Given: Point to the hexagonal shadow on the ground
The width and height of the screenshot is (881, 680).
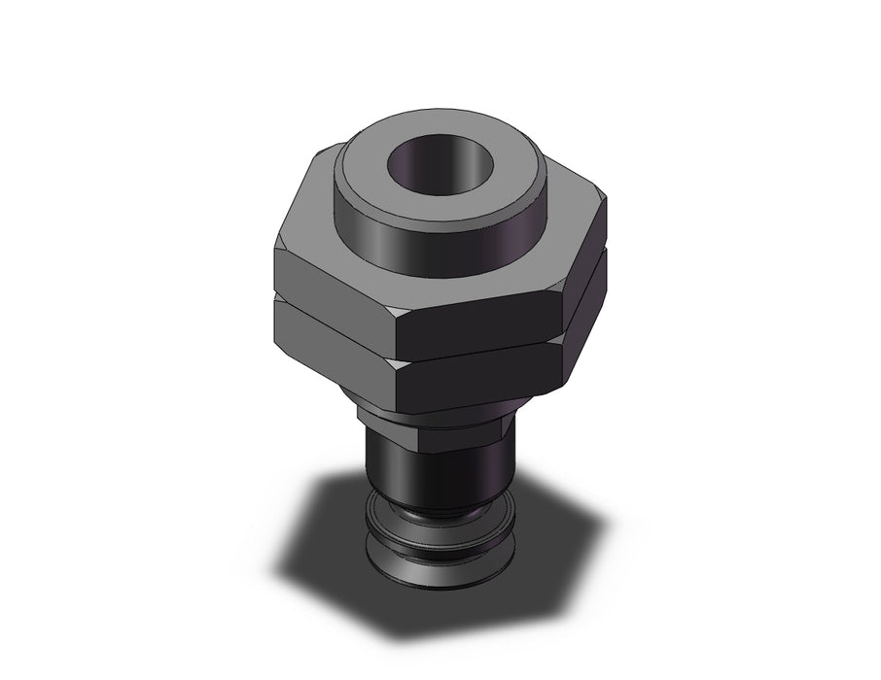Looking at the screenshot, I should [321, 544].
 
